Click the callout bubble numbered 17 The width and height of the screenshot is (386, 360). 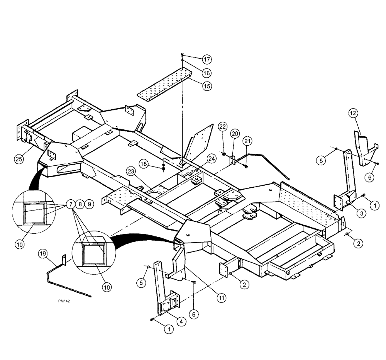tap(208, 59)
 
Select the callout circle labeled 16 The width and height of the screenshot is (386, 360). tap(207, 73)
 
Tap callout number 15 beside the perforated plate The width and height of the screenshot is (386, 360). tap(207, 86)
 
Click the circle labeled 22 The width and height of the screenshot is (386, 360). tap(222, 127)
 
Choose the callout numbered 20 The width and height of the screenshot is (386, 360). tap(235, 133)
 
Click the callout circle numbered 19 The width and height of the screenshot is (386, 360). tap(42, 253)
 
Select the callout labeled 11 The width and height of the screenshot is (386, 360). tap(221, 297)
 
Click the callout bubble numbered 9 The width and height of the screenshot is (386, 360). tap(88, 204)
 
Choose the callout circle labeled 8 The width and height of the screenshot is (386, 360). tap(80, 204)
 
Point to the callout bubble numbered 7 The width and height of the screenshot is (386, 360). tap(71, 204)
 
